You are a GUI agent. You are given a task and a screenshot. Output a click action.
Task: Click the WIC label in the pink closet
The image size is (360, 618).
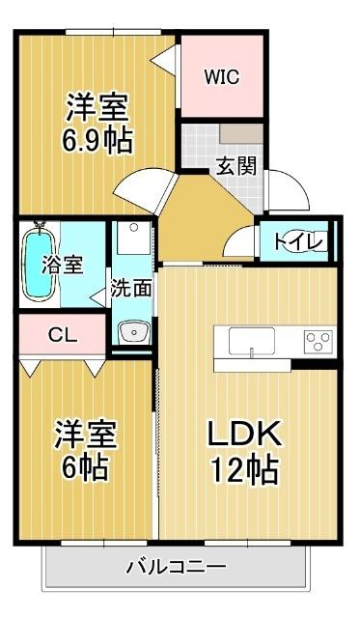coord(220,76)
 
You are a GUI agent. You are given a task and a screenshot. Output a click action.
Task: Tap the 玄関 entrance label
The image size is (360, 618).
coord(235,165)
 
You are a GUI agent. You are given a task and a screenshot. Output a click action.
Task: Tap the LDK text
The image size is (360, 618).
coord(245,434)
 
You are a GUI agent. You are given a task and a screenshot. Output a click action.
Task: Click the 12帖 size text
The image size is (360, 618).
coord(245,470)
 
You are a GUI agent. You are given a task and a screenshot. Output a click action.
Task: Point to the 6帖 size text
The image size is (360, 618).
coord(83,469)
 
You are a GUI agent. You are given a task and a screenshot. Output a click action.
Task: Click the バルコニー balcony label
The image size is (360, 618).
coord(177,567)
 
